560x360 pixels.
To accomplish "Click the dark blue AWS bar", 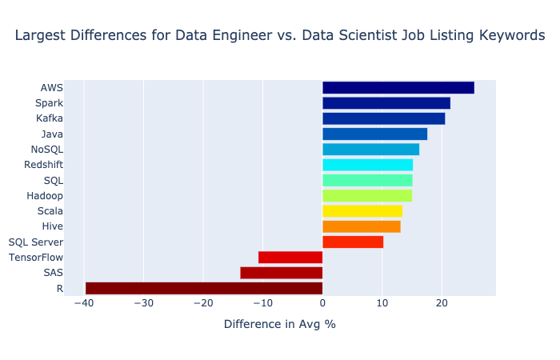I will point(398,88).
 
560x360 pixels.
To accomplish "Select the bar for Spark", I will point(386,103).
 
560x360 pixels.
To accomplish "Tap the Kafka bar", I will point(383,118).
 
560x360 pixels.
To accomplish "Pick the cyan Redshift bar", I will point(367,165).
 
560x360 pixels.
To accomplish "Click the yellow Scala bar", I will point(362,211).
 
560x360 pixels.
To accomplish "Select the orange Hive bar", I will point(361,226).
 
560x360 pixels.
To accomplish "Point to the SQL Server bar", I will point(352,242).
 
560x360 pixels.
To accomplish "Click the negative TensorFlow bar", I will point(290,258).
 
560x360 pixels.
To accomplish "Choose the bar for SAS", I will point(281,273).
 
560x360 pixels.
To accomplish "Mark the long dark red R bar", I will point(204,288).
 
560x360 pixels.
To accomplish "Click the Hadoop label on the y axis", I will point(45,196).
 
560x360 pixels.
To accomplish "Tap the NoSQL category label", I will point(46,150).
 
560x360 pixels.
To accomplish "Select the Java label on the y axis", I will point(52,134).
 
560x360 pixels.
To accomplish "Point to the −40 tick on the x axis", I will point(83,303).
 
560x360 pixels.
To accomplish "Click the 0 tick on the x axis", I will point(322,303).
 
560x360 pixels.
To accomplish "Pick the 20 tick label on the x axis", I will point(442,303).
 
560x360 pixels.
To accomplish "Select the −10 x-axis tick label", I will point(262,303).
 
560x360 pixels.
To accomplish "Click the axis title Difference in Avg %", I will point(279,325).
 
